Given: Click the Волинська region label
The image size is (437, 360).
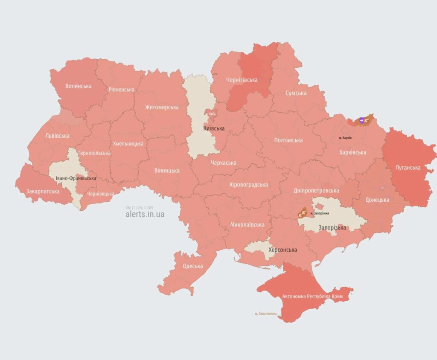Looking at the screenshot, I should click(78, 86).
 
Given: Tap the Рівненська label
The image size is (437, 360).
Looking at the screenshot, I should click(121, 90).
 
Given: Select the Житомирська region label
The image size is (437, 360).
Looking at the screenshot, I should click(161, 107).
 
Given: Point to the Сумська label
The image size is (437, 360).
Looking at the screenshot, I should click(296, 93).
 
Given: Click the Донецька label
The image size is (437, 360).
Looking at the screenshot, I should click(377, 200).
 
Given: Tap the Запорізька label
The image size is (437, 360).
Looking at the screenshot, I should click(332, 228).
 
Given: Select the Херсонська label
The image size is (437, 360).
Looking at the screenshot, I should click(282, 250).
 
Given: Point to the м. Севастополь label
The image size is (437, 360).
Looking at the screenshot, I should click(266, 314).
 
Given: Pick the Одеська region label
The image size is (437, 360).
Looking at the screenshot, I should click(192, 266).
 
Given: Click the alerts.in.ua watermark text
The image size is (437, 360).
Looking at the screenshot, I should click(145, 215).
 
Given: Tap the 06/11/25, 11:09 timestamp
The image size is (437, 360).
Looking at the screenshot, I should click(139, 208).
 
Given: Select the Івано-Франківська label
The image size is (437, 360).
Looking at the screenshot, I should click(76, 178).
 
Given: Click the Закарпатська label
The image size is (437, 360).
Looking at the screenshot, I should click(43, 191).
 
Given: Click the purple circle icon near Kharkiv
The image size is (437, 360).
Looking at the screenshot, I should click(361, 121).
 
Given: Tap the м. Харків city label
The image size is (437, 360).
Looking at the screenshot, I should click(345, 138).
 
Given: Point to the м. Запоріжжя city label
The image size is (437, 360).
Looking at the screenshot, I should click(320, 213).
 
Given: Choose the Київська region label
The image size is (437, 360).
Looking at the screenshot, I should click(214, 128).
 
